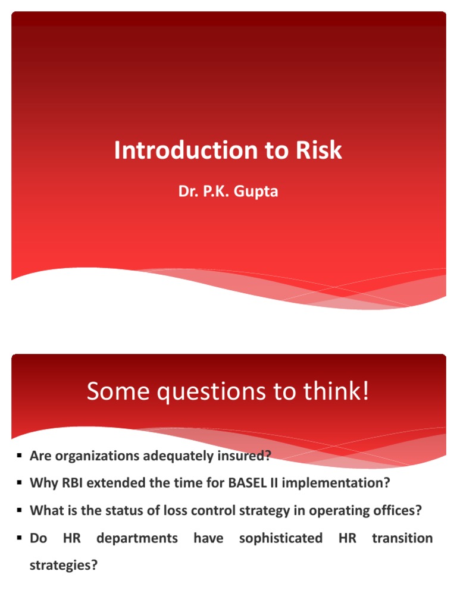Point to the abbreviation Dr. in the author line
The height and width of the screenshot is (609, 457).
coord(188,193)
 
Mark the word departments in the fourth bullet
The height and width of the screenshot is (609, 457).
coord(137,538)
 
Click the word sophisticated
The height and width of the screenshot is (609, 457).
coord(280,538)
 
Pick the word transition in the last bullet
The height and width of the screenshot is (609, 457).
coord(402,538)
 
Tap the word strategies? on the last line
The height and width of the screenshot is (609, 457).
coord(63,566)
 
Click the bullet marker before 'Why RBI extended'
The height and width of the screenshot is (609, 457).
coord(20,483)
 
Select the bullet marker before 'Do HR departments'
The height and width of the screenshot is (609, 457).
coord(20,538)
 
